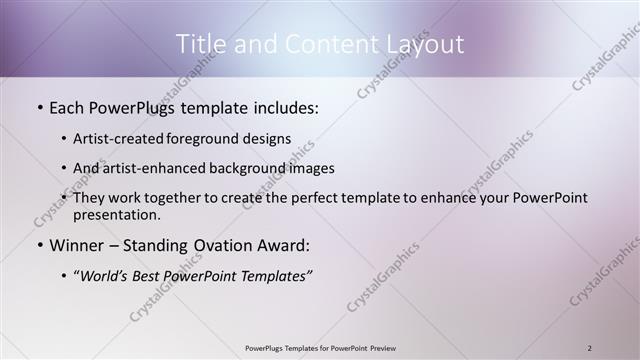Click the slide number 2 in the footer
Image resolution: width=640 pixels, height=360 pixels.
tap(590, 348)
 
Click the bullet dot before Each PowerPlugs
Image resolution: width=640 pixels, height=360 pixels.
tap(39, 107)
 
